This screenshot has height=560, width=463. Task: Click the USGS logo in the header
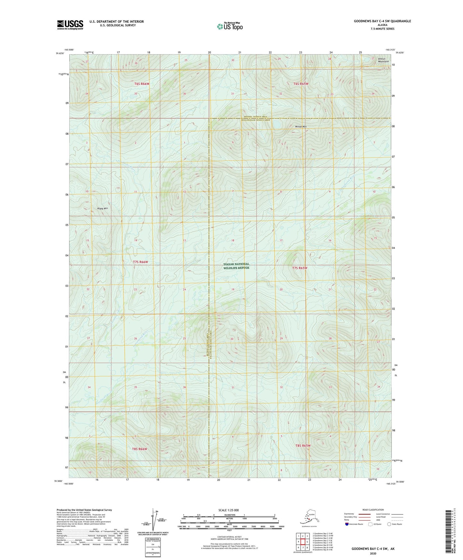pyautogui.click(x=70, y=25)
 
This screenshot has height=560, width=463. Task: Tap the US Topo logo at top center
pyautogui.click(x=230, y=26)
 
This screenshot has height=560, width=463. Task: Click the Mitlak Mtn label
pyautogui.click(x=301, y=127)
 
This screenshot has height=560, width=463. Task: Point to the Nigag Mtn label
pyautogui.click(x=103, y=208)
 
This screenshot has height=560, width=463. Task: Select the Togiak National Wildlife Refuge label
pyautogui.click(x=236, y=266)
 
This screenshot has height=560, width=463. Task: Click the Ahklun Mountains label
pyautogui.click(x=383, y=60)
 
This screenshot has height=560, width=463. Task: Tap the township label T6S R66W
pyautogui.click(x=142, y=84)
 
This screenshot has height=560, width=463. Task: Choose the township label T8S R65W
pyautogui.click(x=302, y=445)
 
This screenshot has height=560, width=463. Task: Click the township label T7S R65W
pyautogui.click(x=300, y=268)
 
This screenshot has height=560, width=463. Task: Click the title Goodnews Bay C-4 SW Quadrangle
pyautogui.click(x=382, y=21)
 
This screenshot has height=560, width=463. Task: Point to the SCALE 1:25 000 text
pyautogui.click(x=229, y=510)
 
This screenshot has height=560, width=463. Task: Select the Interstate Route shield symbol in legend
pyautogui.click(x=347, y=524)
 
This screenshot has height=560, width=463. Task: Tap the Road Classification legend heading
pyautogui.click(x=373, y=510)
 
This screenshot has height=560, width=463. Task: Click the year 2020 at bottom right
pyautogui.click(x=373, y=553)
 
